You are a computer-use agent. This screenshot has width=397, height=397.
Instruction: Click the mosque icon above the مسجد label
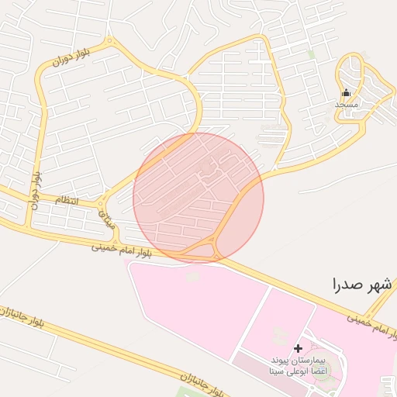[x=346, y=93]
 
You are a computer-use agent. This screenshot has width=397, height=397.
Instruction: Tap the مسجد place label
[x=346, y=103]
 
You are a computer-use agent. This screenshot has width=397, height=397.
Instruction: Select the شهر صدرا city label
[x=360, y=284]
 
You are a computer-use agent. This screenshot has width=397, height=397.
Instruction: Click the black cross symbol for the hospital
[x=298, y=348]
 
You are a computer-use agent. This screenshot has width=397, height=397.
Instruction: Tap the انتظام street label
[x=66, y=201]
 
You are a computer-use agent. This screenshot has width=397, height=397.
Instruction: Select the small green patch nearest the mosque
[x=311, y=55]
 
